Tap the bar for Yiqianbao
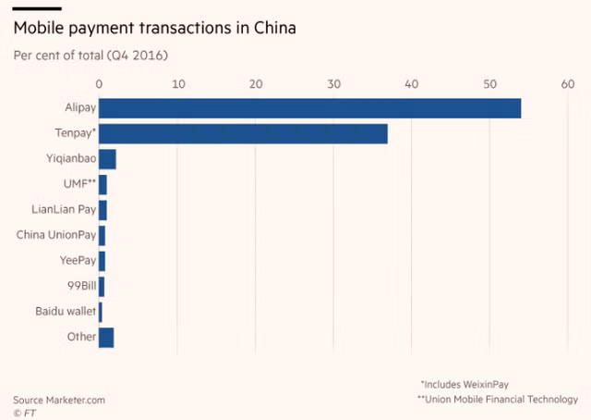107,159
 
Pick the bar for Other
106,337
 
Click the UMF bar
103,184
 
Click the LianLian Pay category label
64,209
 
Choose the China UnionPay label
56,235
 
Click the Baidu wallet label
65,311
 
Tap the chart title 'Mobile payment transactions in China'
155,29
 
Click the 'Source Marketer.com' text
59,400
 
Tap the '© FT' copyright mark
24,413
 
